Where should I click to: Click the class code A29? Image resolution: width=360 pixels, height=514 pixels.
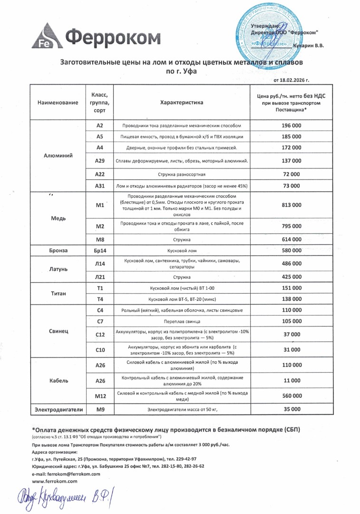click(x=100, y=161)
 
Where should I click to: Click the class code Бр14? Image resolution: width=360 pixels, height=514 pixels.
click(x=100, y=250)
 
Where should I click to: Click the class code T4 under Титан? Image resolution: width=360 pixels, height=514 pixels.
click(x=100, y=299)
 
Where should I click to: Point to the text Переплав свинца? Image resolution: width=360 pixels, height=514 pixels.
click(x=182, y=321)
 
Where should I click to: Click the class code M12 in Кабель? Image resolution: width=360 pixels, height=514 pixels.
click(x=100, y=396)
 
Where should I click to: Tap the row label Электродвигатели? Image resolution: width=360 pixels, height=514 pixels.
click(x=58, y=409)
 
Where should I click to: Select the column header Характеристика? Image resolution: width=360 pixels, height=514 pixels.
click(x=182, y=102)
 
